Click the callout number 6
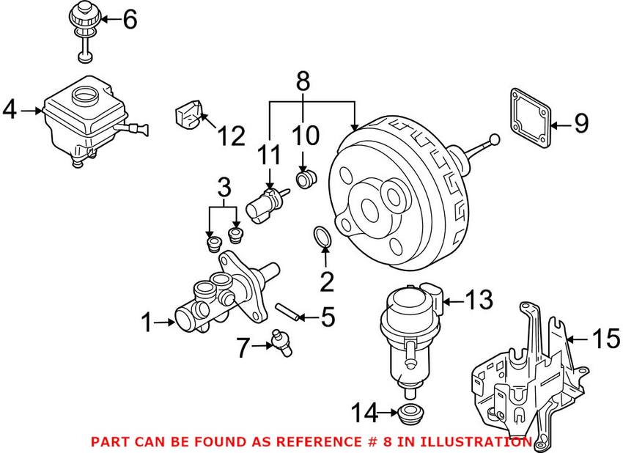pyautogui.click(x=130, y=19)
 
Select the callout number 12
pyautogui.click(x=229, y=136)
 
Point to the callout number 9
pyautogui.click(x=580, y=124)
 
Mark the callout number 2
pyautogui.click(x=326, y=280)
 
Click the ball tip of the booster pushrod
pyautogui.click(x=494, y=139)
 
